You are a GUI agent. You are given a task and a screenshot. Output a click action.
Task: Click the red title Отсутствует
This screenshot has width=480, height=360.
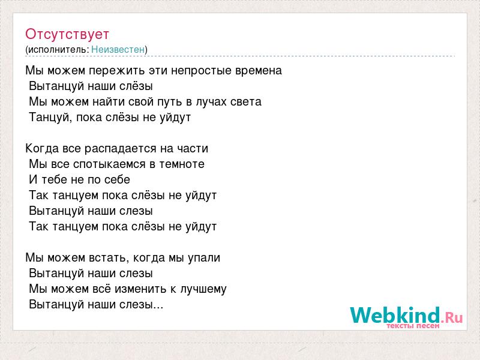[x=67, y=34]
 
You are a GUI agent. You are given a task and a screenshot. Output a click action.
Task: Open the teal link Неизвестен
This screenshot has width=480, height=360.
[x=118, y=49]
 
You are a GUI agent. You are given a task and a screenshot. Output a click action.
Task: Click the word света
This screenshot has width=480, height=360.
[x=246, y=102]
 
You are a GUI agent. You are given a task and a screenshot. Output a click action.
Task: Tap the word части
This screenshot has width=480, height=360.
[x=193, y=148]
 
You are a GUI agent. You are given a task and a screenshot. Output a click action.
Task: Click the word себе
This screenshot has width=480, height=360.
[x=117, y=179]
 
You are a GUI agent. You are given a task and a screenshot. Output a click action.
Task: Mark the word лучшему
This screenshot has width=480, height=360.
[x=203, y=289]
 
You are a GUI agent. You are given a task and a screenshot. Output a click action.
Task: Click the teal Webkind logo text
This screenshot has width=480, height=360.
[x=395, y=315]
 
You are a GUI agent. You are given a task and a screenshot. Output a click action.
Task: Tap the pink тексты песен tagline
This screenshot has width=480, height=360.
[x=413, y=326]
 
